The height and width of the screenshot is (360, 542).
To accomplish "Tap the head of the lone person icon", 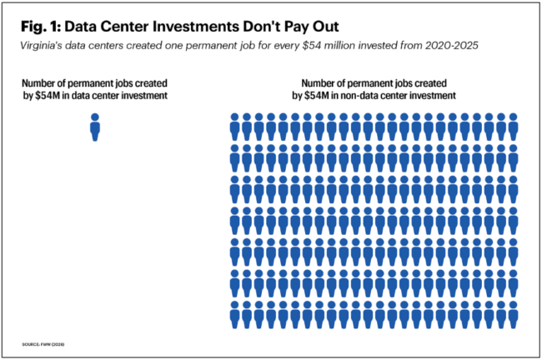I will point(95,117).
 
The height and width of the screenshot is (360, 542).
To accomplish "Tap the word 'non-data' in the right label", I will point(370,96).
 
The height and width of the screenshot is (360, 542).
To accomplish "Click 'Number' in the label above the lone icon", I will point(43,83).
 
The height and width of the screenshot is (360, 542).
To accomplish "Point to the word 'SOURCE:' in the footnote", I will point(32,343).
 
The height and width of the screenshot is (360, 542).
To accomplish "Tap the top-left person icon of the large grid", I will point(235,126).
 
